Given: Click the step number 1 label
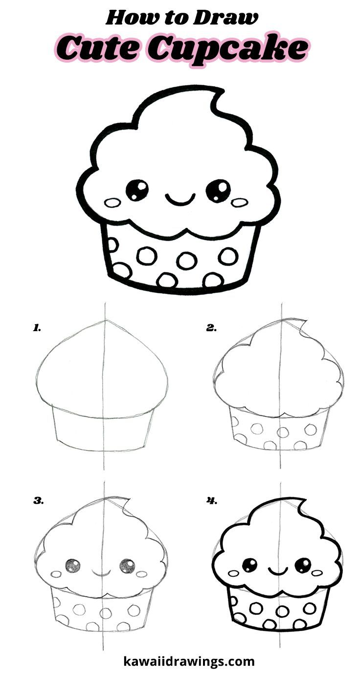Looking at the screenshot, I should (37, 328).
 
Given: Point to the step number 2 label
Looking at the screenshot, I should (211, 328).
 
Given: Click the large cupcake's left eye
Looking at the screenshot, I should (137, 190).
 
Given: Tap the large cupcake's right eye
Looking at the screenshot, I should (218, 190).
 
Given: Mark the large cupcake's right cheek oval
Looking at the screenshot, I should (239, 201).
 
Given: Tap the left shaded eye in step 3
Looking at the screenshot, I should (73, 566).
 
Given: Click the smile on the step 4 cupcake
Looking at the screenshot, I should (277, 571).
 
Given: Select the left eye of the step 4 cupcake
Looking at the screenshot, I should (250, 565).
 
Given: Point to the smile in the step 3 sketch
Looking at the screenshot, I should (100, 571).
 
